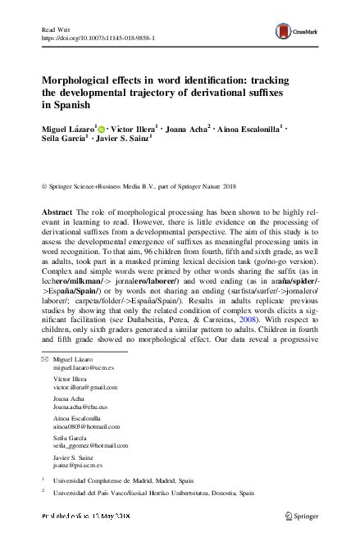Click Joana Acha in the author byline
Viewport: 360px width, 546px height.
[188, 129]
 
